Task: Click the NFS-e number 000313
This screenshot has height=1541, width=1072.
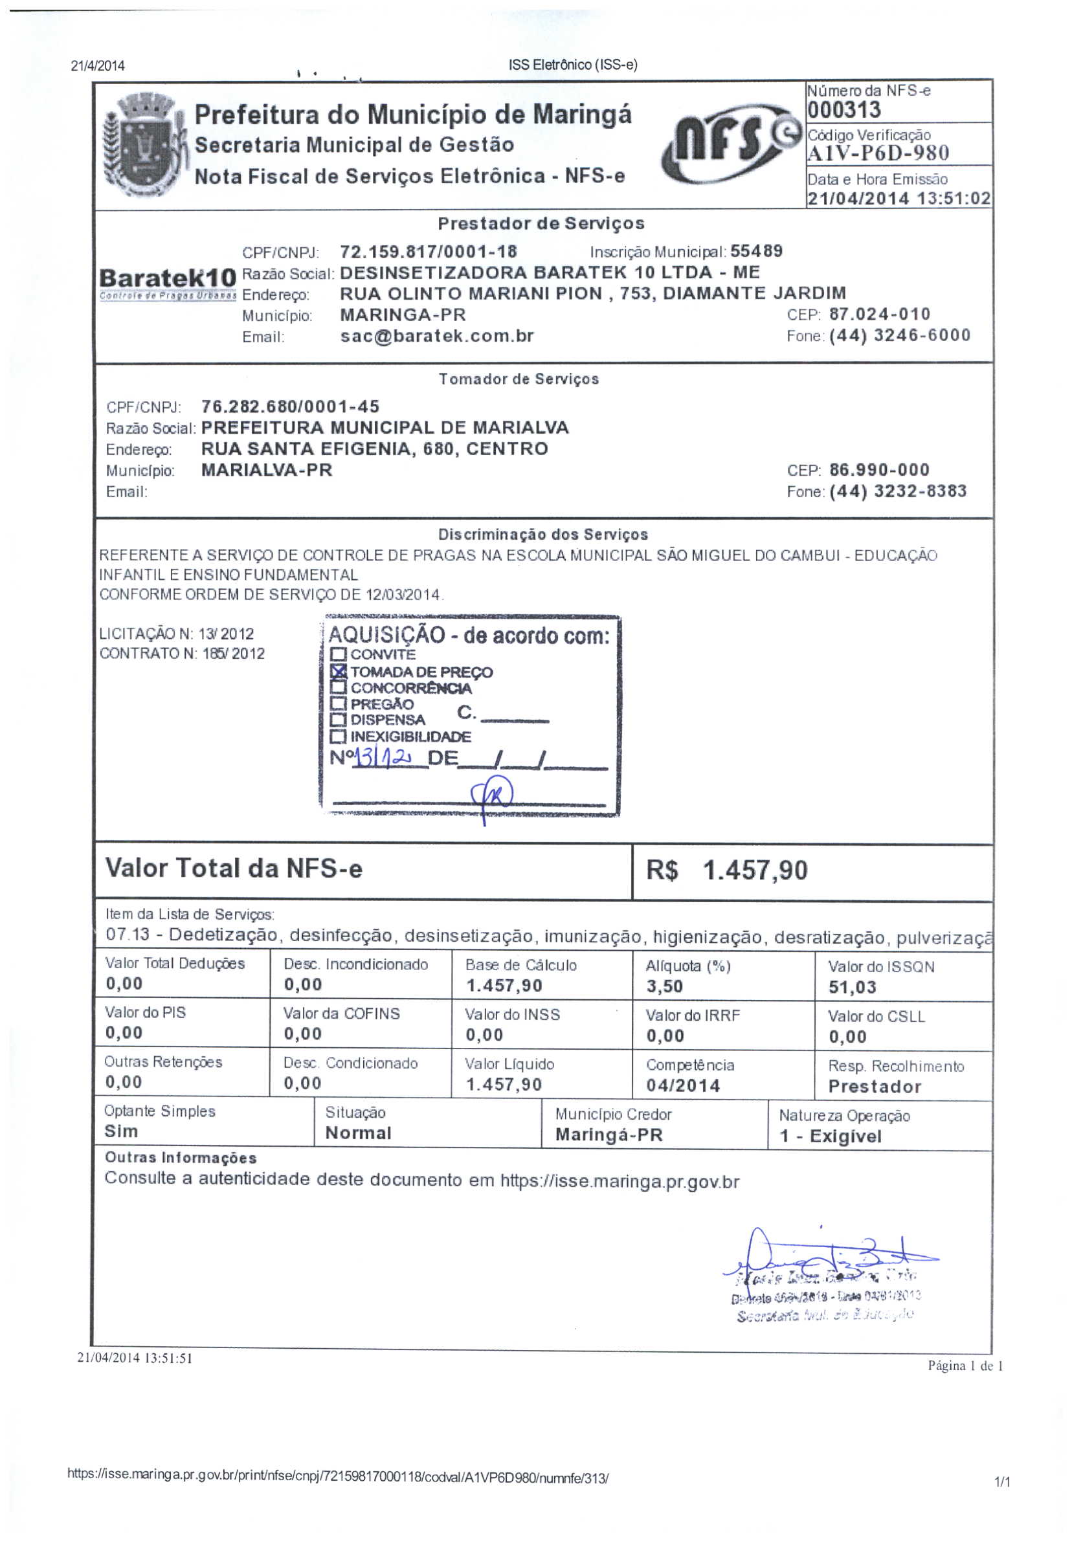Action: (x=843, y=109)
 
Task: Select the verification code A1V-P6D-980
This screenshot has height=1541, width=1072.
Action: (x=877, y=153)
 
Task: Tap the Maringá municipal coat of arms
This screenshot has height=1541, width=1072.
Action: (x=142, y=146)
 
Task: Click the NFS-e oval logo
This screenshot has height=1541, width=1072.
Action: (x=730, y=144)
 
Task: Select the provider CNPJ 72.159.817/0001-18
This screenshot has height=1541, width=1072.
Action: (x=429, y=252)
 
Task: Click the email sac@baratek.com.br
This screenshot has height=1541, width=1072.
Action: (x=436, y=336)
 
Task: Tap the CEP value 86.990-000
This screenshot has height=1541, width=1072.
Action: (x=878, y=469)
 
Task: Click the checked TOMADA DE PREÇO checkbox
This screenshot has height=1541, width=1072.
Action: (x=339, y=671)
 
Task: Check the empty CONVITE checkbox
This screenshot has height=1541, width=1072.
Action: (x=339, y=654)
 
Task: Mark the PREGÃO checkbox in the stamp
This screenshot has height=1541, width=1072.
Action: (x=339, y=704)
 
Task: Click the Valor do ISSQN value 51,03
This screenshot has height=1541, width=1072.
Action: (x=852, y=986)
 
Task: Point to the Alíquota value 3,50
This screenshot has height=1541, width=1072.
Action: (x=664, y=986)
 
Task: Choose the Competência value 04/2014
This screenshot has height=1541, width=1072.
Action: (x=683, y=1085)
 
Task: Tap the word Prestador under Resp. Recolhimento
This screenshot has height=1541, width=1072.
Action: (x=874, y=1086)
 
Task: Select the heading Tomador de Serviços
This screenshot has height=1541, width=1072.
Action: (x=519, y=379)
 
